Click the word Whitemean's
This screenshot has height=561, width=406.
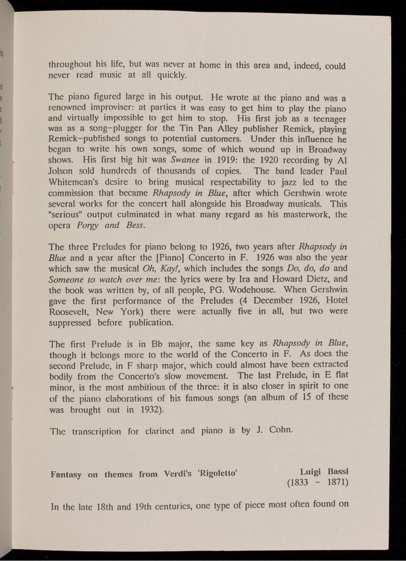tap(72, 182)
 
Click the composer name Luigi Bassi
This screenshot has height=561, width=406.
tap(324, 472)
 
